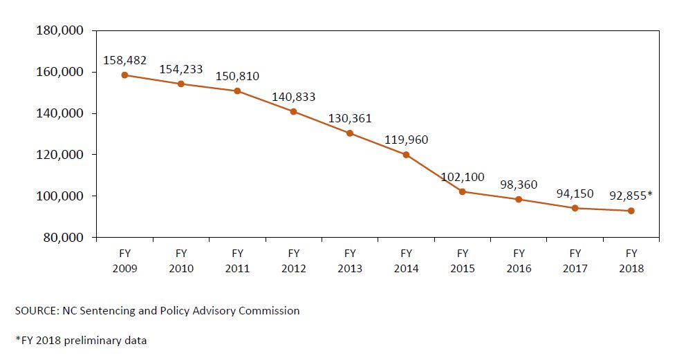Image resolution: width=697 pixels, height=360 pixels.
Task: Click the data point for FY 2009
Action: [x=124, y=75]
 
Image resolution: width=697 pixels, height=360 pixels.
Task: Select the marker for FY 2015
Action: [x=463, y=191]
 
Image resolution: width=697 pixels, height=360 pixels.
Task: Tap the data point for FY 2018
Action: [x=631, y=211]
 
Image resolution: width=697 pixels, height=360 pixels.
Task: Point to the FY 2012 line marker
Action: [x=293, y=111]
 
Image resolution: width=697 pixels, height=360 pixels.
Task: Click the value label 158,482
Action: [x=124, y=60]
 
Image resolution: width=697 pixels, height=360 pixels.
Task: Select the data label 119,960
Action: [x=406, y=140]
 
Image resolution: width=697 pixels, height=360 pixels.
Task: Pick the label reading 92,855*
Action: [x=630, y=196]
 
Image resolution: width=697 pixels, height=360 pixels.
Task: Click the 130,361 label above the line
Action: [x=350, y=118]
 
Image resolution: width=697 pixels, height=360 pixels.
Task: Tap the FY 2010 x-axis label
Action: [x=181, y=261]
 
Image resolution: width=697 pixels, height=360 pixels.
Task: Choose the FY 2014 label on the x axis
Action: [x=406, y=261]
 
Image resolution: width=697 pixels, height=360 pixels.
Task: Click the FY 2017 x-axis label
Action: [x=575, y=261]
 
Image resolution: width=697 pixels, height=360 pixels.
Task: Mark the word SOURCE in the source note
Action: [x=32, y=311]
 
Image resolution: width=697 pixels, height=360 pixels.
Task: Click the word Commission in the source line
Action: [x=269, y=311]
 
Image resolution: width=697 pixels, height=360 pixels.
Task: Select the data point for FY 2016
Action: [x=519, y=199]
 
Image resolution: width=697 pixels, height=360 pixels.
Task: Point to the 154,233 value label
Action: [x=181, y=69]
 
